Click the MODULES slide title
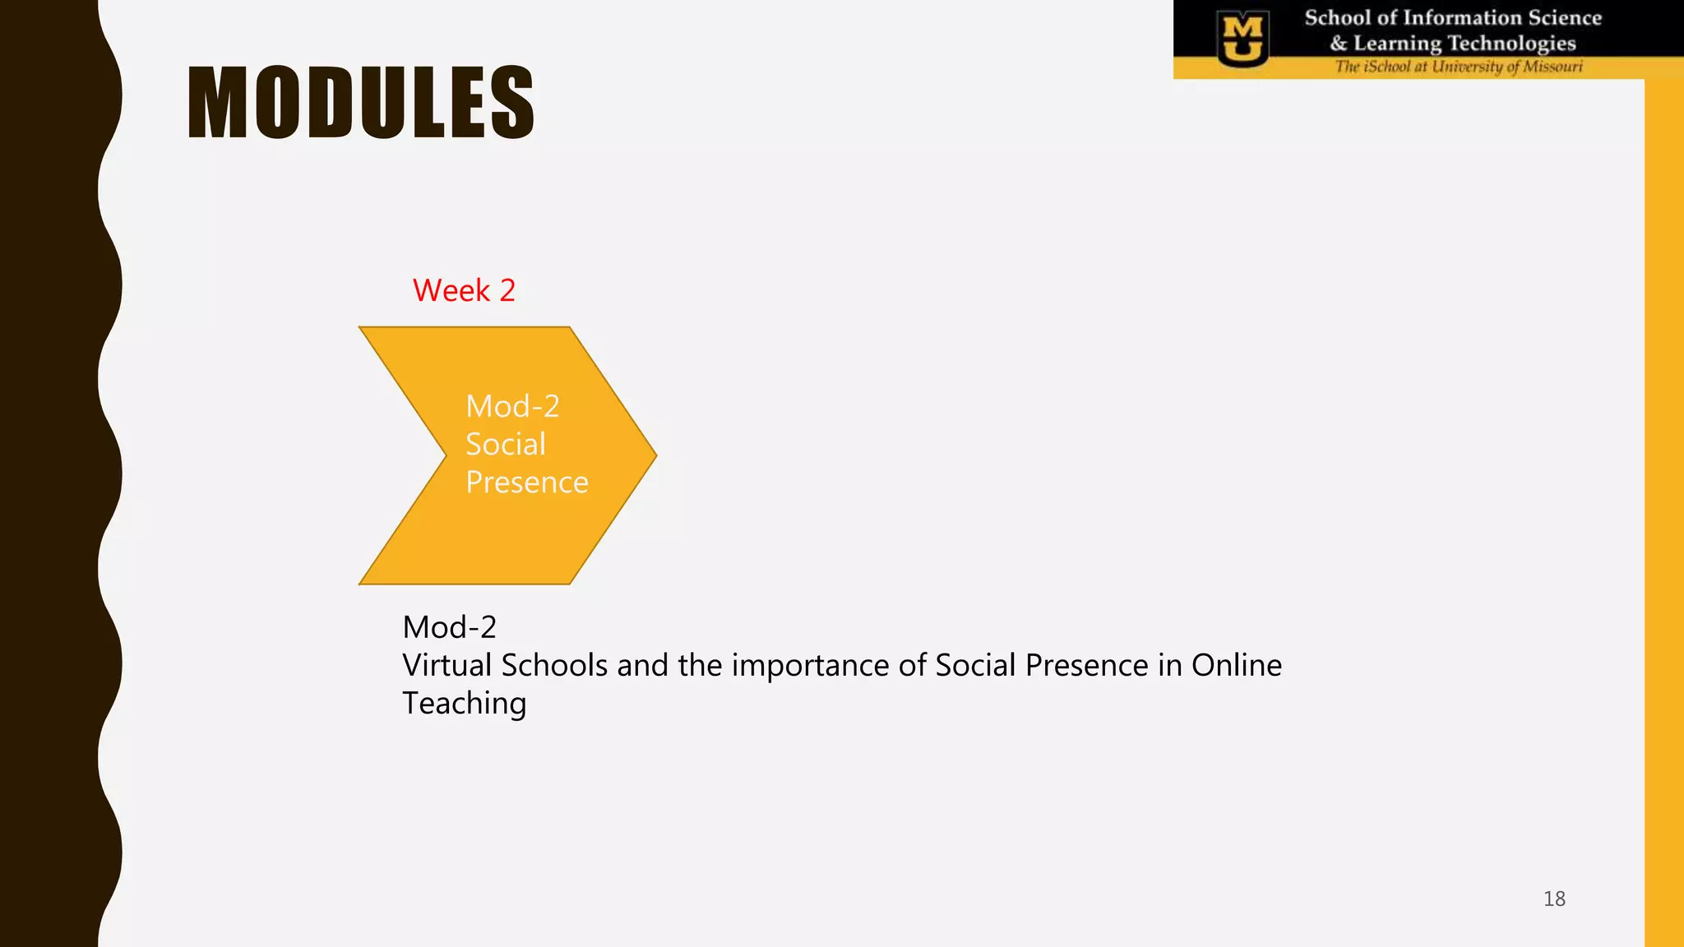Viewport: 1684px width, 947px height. pyautogui.click(x=360, y=103)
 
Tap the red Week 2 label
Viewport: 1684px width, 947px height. pyautogui.click(x=464, y=290)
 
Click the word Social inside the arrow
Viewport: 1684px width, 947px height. pyautogui.click(x=505, y=445)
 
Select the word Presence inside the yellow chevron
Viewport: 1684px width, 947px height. pyautogui.click(x=526, y=483)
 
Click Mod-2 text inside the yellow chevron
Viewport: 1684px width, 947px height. pyautogui.click(x=512, y=407)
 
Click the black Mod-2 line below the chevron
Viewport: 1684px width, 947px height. pyautogui.click(x=449, y=627)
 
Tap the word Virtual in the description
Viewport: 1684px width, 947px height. pyautogui.click(x=447, y=665)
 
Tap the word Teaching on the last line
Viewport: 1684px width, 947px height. pyautogui.click(x=464, y=704)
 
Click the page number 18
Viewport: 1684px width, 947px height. pyautogui.click(x=1554, y=898)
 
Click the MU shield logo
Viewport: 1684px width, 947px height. pyautogui.click(x=1242, y=39)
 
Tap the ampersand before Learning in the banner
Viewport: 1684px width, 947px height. pyautogui.click(x=1339, y=43)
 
